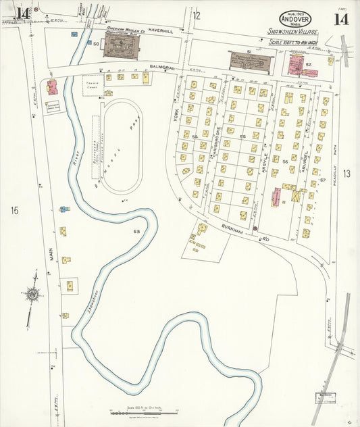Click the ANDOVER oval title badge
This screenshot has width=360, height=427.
point(295,18)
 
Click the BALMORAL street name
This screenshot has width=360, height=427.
point(163,68)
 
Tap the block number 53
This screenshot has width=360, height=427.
point(136,232)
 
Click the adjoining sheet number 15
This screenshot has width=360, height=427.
point(14,211)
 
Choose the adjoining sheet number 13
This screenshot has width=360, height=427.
point(346,174)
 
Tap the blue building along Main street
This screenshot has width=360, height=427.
point(64,209)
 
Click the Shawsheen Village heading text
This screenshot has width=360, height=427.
point(292,31)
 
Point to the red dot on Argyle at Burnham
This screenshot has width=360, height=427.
point(255,228)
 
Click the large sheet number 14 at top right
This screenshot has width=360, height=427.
point(340,18)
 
